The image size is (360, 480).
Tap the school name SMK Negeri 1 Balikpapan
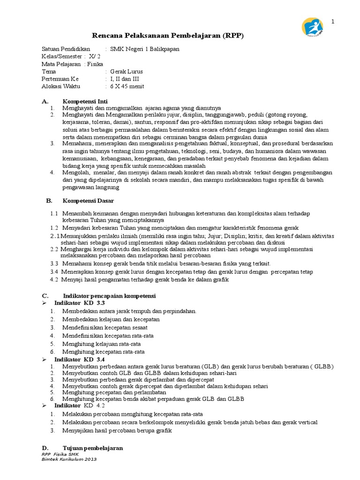(144, 49)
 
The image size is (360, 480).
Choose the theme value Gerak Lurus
(127, 71)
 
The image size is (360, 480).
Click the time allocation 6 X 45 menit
(127, 86)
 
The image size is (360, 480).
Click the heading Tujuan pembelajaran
(93, 448)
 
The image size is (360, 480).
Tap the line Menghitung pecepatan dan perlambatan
(114, 392)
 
